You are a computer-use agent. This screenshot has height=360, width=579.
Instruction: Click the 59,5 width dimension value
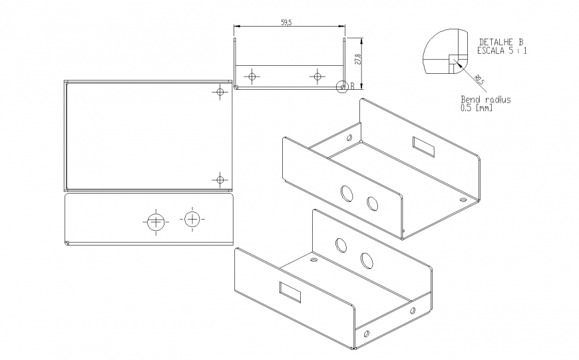point(287,22)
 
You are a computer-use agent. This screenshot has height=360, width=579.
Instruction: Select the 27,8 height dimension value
point(357,59)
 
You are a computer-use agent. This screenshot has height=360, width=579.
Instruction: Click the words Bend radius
point(486,99)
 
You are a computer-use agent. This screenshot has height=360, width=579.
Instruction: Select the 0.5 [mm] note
point(477,107)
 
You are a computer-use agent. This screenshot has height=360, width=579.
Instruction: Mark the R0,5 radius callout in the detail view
point(479,81)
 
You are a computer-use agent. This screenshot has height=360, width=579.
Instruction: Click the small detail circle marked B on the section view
point(342,86)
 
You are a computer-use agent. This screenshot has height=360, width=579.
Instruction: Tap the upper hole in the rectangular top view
point(220,91)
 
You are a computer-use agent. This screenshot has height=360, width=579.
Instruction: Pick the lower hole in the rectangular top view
point(220,178)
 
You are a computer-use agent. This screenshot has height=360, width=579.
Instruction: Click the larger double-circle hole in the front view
point(156,222)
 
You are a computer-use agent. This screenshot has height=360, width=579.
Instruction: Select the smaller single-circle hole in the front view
point(192,219)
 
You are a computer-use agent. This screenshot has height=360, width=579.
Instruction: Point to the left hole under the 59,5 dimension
point(252,77)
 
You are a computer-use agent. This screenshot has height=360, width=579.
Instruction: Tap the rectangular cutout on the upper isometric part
point(423,147)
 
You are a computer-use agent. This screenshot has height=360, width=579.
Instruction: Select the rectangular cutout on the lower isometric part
point(290,291)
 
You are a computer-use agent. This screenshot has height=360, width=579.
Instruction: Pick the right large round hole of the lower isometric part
point(366,260)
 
